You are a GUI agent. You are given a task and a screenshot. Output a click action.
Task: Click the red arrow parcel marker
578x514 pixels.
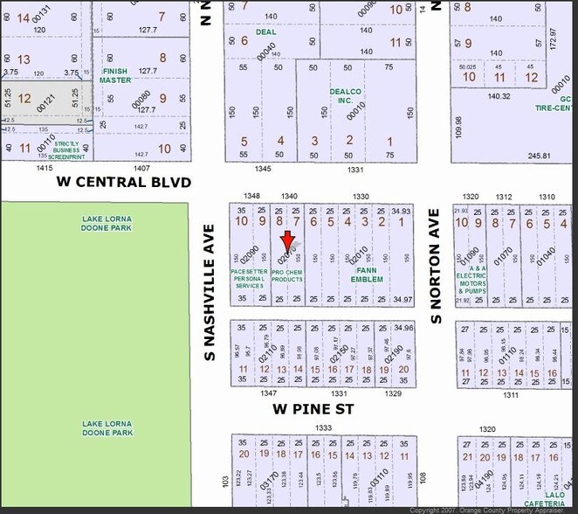286,241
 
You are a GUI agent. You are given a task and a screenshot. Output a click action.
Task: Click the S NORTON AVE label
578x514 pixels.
436,267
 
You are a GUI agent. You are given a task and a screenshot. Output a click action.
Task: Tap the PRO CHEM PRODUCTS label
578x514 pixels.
286,275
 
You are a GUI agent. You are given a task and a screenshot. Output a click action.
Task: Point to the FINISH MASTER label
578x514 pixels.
114,75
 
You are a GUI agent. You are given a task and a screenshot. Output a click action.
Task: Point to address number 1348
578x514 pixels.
252,196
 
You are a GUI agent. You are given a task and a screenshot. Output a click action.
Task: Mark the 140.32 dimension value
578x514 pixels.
499,96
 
